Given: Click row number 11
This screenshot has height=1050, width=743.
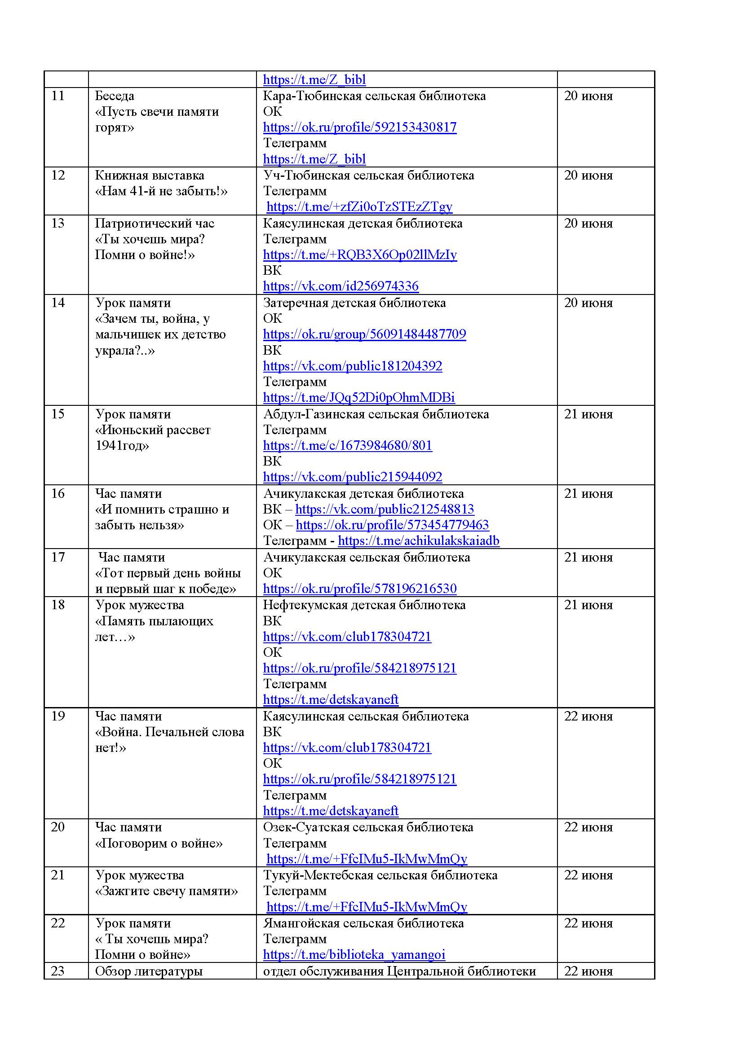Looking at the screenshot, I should tap(58, 96).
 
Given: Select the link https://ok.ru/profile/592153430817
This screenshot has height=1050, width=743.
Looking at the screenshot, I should tap(360, 127).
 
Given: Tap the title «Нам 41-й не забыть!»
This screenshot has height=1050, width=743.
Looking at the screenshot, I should tap(161, 191).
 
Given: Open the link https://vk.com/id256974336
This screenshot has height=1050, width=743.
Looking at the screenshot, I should tap(341, 286).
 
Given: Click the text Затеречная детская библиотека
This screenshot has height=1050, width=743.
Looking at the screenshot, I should tap(354, 303).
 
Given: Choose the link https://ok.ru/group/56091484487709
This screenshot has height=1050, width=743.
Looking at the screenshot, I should tap(364, 334).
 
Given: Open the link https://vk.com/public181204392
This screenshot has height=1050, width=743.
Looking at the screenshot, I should tap(352, 366).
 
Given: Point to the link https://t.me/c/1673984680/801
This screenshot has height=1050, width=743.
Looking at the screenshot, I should tap(347, 445).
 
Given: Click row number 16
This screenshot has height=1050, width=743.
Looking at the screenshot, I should tap(58, 493).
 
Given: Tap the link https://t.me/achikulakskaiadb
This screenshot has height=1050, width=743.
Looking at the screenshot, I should tap(418, 541).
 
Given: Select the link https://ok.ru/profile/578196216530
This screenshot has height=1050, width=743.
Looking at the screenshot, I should tap(360, 589).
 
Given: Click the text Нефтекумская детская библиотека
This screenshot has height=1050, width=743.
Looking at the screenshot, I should tap(364, 605).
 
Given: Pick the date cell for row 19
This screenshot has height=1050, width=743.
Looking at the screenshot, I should tap(588, 716).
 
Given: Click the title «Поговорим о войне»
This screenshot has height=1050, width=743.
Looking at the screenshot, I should tap(159, 844).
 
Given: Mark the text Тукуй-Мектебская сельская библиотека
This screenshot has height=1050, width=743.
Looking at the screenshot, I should tap(380, 875).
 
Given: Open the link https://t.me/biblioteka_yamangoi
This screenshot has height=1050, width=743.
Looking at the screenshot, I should tap(354, 954).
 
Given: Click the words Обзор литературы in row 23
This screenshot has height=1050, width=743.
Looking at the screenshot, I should tap(149, 971).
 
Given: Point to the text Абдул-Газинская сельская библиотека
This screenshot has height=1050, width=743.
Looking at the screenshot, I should tap(376, 414).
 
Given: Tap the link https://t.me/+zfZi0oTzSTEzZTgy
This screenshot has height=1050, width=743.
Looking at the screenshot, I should tap(359, 206).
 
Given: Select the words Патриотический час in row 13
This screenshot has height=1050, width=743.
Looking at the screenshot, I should tap(155, 223).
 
